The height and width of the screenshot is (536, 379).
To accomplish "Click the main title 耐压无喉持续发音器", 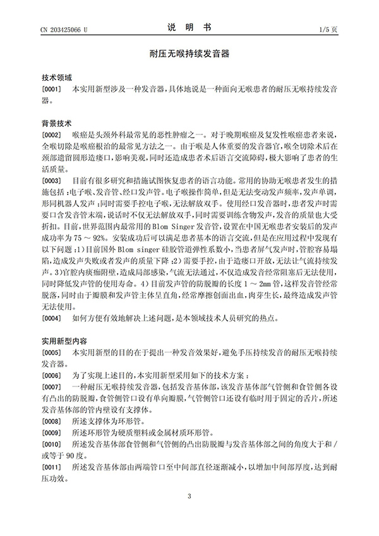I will [x=189, y=56].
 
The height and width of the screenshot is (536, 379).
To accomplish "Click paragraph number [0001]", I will [x=51, y=88].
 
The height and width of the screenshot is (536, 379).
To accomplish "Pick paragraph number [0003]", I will [x=51, y=180].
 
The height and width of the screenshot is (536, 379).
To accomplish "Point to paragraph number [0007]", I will [x=51, y=386].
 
